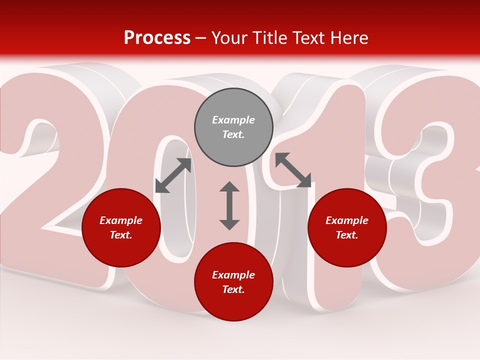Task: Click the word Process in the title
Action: tap(157, 38)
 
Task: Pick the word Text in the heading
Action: tap(308, 38)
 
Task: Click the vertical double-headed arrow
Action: tap(229, 205)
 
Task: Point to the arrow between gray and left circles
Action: tap(173, 175)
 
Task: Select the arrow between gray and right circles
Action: tap(293, 170)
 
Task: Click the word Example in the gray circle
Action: tap(233, 120)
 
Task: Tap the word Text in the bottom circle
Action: tap(233, 289)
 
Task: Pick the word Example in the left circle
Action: tap(121, 220)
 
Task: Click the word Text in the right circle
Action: tap(347, 235)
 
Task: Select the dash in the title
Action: tap(201, 38)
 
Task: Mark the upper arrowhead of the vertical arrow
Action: tap(229, 187)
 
